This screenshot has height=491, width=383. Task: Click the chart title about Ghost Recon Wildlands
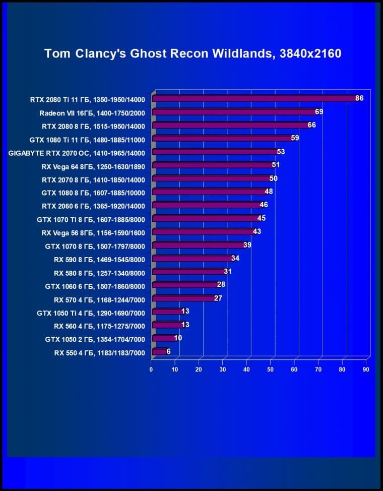pyautogui.click(x=193, y=53)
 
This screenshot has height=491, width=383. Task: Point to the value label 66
pyautogui.click(x=311, y=125)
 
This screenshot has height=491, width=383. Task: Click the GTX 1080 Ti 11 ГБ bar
pyautogui.click(x=222, y=138)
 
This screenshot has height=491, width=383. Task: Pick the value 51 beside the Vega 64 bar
pyautogui.click(x=276, y=165)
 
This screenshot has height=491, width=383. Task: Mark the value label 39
pyautogui.click(x=247, y=245)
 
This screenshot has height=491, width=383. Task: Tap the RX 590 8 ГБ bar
pyautogui.click(x=192, y=259)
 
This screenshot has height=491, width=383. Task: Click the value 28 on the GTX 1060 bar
pyautogui.click(x=221, y=284)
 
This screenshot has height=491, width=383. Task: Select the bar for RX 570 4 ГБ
pyautogui.click(x=183, y=298)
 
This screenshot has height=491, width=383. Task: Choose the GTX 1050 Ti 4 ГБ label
pyautogui.click(x=91, y=313)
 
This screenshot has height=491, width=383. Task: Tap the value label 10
pyautogui.click(x=178, y=338)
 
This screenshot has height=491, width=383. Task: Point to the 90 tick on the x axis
pyautogui.click(x=366, y=370)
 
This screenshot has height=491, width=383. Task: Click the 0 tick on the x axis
pyautogui.click(x=151, y=370)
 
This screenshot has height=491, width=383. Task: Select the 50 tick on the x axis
pyautogui.click(x=271, y=370)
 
